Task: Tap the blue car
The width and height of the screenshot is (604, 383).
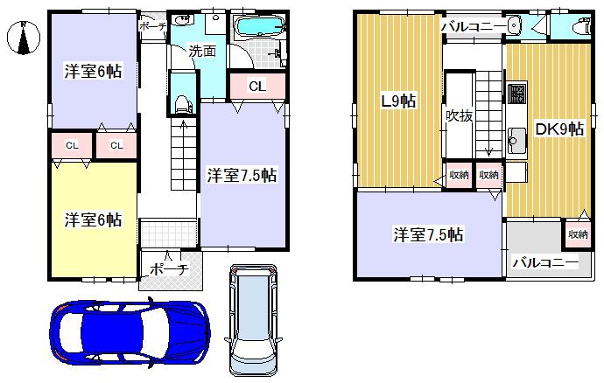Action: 129,333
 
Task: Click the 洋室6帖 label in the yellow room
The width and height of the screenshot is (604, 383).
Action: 93,219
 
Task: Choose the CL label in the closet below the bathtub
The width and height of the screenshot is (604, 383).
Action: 256,86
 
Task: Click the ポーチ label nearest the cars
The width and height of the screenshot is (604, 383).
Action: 170,268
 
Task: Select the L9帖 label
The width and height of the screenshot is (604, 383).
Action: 397,101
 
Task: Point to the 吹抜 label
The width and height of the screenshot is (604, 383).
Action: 459,115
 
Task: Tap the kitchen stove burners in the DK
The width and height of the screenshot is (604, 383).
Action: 516,92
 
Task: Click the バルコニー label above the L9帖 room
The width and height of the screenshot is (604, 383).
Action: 473,27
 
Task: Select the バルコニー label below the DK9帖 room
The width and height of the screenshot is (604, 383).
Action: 544,262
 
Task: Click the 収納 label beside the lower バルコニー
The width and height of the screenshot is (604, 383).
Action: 577,233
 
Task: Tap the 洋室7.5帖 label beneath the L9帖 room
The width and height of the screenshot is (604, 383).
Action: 428,234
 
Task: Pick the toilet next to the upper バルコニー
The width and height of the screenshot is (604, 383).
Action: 577,27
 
